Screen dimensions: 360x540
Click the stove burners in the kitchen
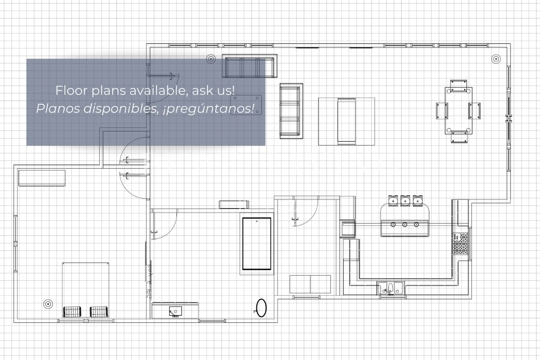[460, 244]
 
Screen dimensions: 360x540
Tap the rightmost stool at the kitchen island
[417, 200]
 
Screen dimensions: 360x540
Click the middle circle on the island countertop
[405, 225]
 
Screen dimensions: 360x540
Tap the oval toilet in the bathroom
[261, 308]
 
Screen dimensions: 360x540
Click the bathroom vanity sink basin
[175, 311]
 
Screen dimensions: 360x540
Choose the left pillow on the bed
[72, 311]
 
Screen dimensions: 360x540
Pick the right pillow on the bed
[99, 311]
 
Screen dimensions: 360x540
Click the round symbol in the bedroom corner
[48, 304]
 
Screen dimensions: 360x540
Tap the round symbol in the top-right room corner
[495, 59]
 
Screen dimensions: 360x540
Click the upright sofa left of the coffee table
[291, 111]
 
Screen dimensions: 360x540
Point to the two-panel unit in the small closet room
[310, 284]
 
